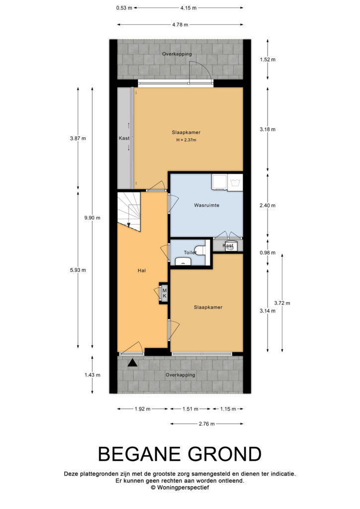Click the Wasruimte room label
click(206, 205)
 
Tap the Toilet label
click(190, 252)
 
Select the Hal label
click(142, 270)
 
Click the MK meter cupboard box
click(164, 293)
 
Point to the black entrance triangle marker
click(132, 363)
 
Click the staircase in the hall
click(129, 211)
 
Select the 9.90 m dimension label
click(92, 218)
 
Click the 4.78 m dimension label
click(180, 24)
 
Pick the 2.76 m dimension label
click(206, 424)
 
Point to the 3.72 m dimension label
click(282, 303)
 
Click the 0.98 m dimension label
click(268, 253)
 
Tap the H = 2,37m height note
click(186, 140)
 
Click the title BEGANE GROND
click(180, 454)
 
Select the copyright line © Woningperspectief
click(180, 487)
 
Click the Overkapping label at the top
click(177, 54)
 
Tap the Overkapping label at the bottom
click(180, 375)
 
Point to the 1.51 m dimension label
click(190, 409)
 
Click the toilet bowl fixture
click(200, 251)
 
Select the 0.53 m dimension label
click(124, 8)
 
